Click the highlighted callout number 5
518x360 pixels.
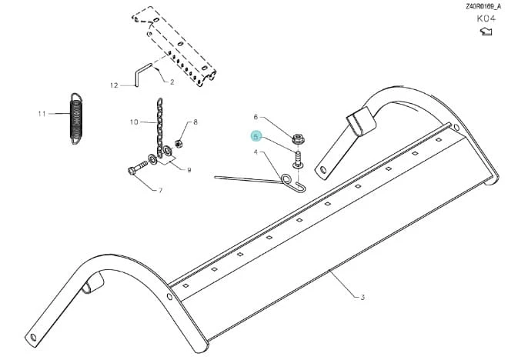[x=256, y=136]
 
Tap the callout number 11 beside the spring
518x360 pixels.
[x=42, y=114]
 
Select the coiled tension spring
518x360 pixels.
[x=76, y=118]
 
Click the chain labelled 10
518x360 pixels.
[x=159, y=128]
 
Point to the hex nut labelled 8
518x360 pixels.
[x=179, y=144]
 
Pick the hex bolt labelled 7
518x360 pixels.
[x=138, y=167]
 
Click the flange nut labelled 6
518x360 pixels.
[x=298, y=138]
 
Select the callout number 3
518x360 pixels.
[x=363, y=297]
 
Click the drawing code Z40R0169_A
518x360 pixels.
[x=483, y=6]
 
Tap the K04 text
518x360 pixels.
[x=486, y=18]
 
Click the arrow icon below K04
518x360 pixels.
[x=486, y=32]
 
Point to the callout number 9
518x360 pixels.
[x=189, y=170]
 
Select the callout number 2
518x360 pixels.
[x=172, y=82]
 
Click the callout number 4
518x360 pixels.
[x=256, y=152]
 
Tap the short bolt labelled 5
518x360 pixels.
[x=298, y=159]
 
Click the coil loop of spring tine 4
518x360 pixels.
[x=286, y=179]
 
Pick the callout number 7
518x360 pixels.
[x=161, y=190]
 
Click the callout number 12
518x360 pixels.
[x=114, y=85]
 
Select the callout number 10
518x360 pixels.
[x=134, y=122]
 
